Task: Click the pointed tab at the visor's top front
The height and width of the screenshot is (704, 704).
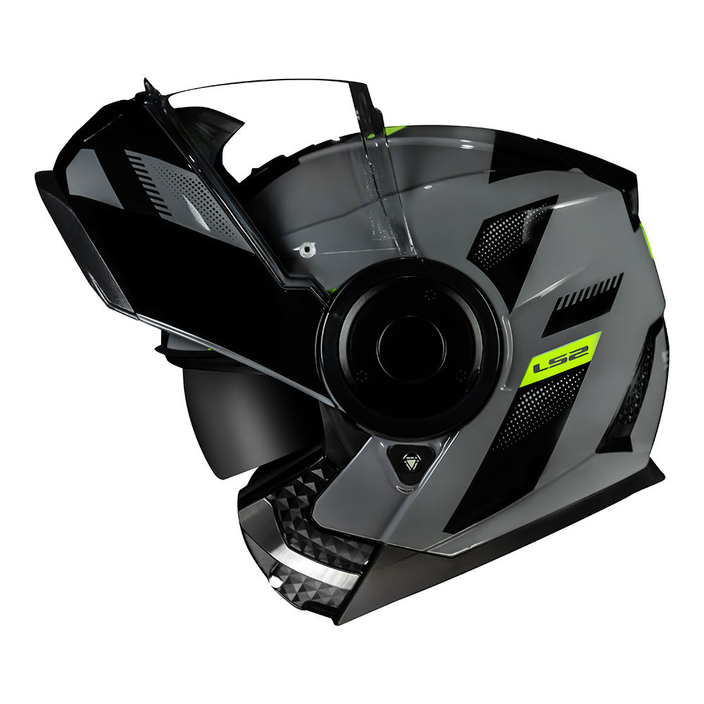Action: pyautogui.click(x=149, y=87)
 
